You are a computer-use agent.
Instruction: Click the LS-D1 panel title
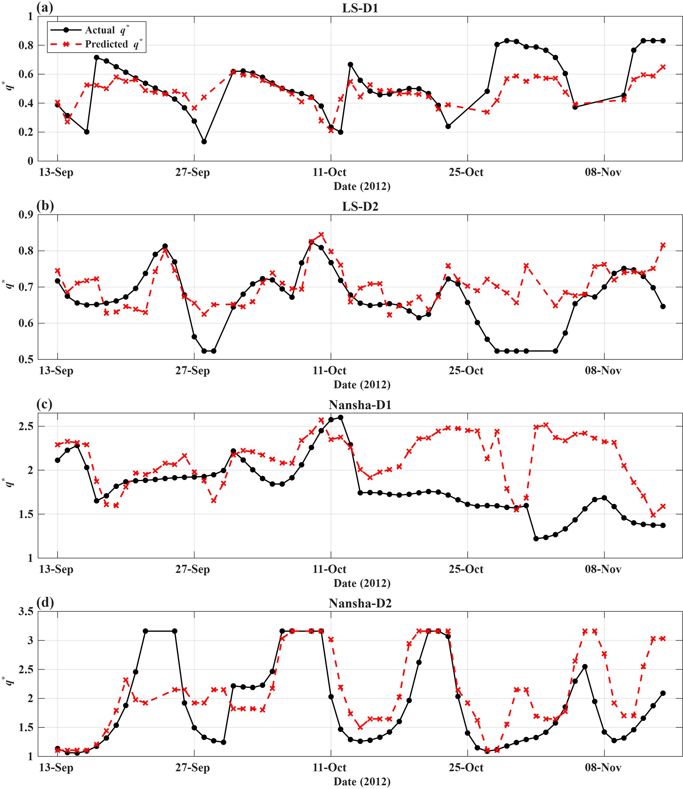click(360, 8)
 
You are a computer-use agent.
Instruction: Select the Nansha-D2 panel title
click(360, 603)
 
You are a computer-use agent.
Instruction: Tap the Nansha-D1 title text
click(360, 405)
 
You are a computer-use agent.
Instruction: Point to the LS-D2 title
click(360, 206)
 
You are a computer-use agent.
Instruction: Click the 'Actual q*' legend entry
click(94, 30)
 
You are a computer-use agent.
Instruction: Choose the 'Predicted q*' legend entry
click(97, 44)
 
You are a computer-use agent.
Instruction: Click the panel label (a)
click(45, 8)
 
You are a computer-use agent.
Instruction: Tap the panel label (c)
click(45, 404)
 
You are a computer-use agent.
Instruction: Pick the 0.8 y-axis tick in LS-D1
click(25, 45)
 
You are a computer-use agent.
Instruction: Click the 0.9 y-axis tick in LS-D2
click(25, 214)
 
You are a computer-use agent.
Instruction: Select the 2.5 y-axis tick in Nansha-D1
click(25, 426)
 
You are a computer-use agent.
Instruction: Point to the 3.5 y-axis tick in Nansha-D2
click(25, 611)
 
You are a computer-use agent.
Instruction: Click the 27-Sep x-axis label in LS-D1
click(192, 172)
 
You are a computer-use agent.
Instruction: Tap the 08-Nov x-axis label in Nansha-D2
click(603, 767)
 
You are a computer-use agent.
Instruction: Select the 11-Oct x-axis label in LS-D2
click(330, 370)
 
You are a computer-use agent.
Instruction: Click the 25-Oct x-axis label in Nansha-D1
click(466, 569)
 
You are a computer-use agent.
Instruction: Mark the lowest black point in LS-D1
click(204, 142)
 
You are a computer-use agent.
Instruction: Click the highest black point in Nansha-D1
click(341, 417)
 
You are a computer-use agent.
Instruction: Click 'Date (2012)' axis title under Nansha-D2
click(362, 782)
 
